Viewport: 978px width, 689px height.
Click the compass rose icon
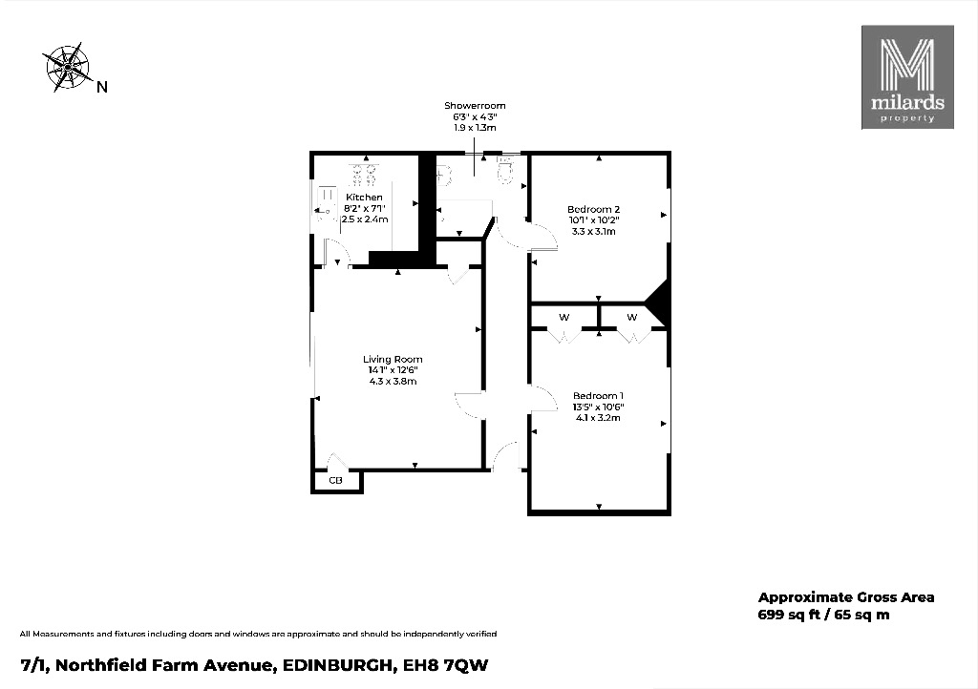point(67,66)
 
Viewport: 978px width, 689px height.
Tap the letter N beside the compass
point(101,88)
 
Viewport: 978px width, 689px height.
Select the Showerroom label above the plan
point(475,106)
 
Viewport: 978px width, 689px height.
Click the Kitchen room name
point(365,198)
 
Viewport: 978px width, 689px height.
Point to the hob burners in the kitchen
point(364,174)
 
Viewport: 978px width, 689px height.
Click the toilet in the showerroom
point(506,172)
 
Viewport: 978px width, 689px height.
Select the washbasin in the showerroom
point(442,176)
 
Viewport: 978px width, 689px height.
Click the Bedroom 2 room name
point(594,210)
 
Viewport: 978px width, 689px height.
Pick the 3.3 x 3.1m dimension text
point(594,231)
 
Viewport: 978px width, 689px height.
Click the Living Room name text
point(393,360)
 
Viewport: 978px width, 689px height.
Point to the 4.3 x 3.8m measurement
point(393,381)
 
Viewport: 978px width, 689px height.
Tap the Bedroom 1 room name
point(599,396)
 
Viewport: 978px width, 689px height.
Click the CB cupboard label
point(335,480)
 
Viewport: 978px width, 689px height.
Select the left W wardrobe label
point(564,317)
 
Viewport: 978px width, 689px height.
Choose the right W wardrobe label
point(632,317)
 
